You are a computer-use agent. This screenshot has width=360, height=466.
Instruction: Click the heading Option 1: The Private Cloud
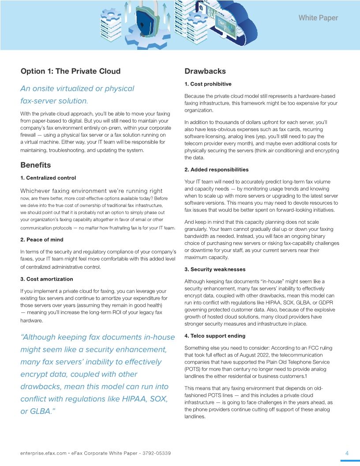click(x=70, y=71)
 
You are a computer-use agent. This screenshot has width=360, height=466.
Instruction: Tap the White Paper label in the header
click(x=318, y=18)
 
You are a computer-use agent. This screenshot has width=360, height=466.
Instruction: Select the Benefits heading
click(x=36, y=165)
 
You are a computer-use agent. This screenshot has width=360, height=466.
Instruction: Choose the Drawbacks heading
click(x=205, y=71)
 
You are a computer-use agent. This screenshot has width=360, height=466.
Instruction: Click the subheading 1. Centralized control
click(x=48, y=178)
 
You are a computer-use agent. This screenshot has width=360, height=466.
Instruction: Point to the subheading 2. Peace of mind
click(x=42, y=240)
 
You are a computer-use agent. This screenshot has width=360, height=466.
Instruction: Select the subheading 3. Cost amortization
click(x=47, y=279)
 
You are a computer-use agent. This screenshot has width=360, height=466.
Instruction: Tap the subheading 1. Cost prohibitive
click(x=208, y=84)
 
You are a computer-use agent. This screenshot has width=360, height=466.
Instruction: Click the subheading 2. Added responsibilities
click(x=216, y=169)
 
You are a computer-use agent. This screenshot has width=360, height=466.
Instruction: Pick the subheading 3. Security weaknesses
click(x=215, y=269)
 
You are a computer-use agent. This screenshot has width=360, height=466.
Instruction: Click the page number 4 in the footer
click(x=347, y=453)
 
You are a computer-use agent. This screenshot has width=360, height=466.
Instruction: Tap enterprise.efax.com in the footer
click(x=43, y=453)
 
